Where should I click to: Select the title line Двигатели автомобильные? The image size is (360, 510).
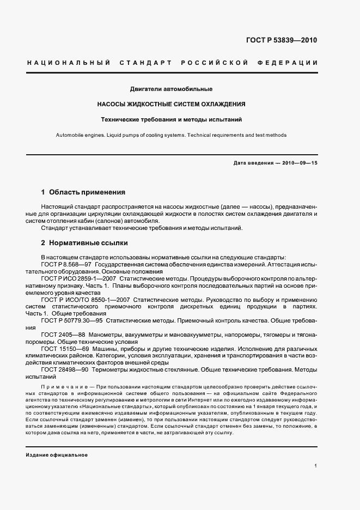(x=171, y=89)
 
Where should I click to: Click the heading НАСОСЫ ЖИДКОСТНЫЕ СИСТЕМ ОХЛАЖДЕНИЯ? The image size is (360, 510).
(x=171, y=104)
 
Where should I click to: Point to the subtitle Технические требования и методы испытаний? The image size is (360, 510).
(x=171, y=119)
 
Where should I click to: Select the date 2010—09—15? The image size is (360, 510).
(x=299, y=163)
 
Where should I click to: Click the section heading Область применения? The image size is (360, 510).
(x=87, y=192)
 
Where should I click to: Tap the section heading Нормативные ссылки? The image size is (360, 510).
(x=88, y=243)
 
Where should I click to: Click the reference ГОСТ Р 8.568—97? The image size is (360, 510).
(x=66, y=264)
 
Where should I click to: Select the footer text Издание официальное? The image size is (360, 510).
(x=57, y=455)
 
